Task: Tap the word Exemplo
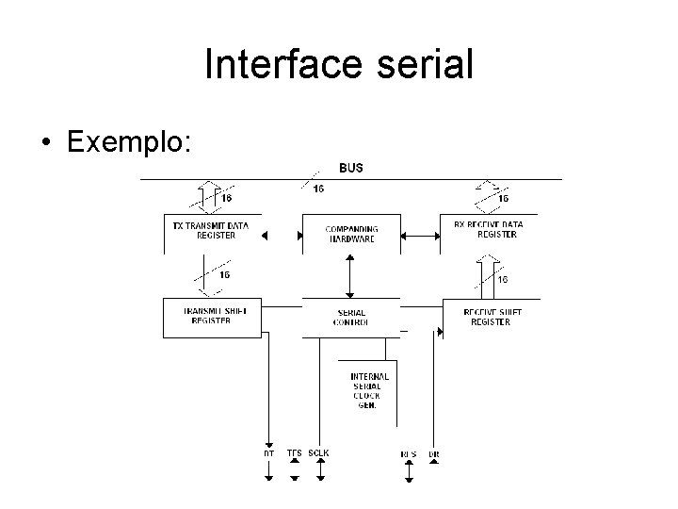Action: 130,142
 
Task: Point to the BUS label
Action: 351,168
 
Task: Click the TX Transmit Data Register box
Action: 212,231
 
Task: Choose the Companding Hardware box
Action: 351,234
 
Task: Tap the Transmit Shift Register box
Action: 211,317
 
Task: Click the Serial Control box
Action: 350,318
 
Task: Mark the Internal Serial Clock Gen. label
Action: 368,390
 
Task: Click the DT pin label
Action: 269,454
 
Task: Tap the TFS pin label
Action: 295,453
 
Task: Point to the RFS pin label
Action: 409,454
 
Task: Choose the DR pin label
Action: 434,454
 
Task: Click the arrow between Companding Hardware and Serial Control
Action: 350,276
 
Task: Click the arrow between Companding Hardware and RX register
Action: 420,234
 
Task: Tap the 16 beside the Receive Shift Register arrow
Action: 503,279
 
